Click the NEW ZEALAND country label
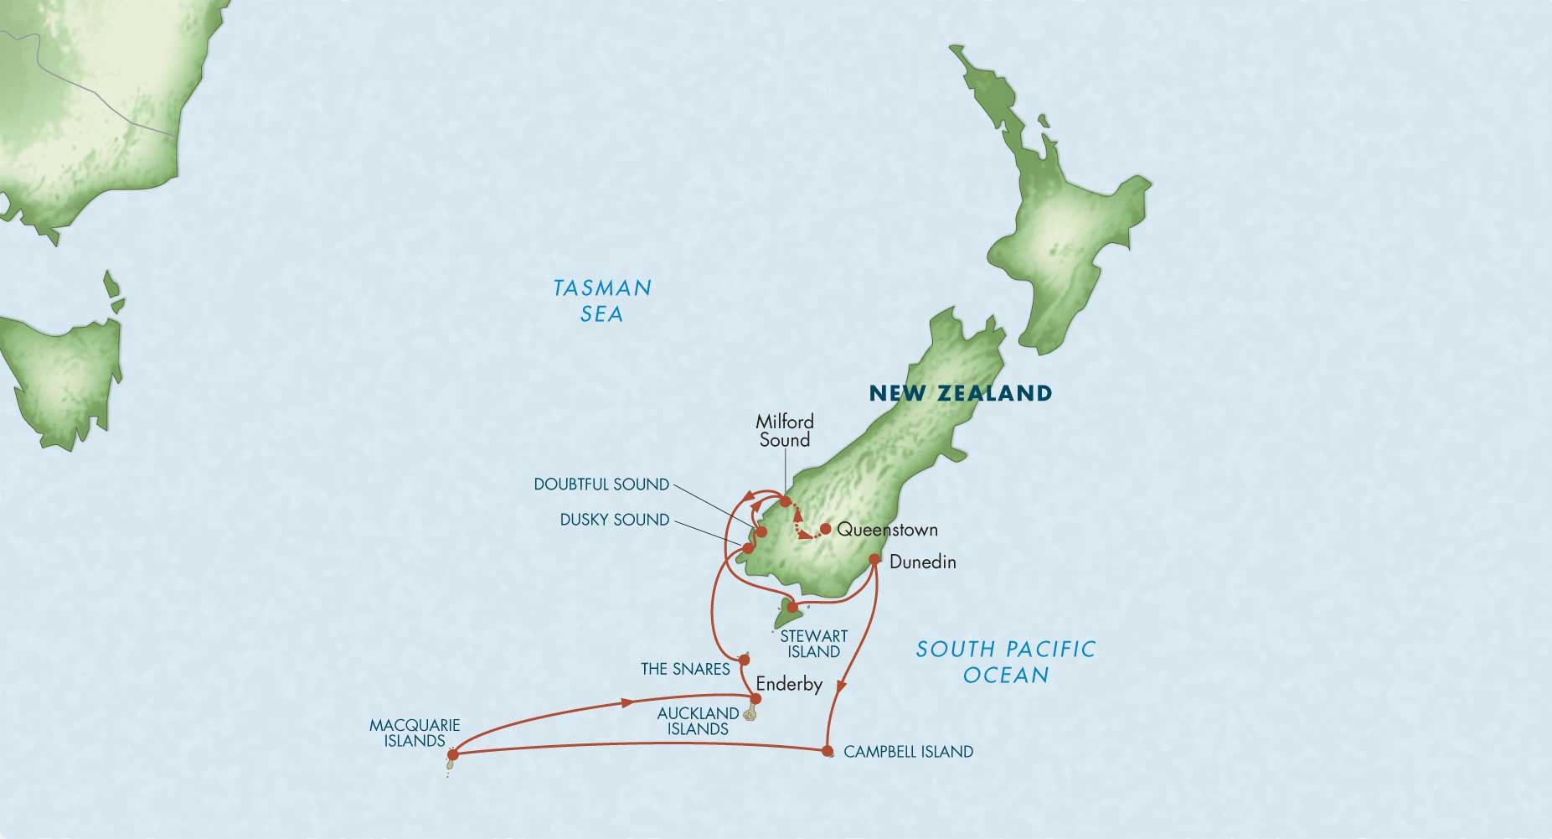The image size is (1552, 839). [x=960, y=393]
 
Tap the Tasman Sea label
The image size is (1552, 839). [x=601, y=301]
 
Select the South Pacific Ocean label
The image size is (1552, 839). [x=1005, y=661]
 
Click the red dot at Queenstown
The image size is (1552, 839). [x=825, y=529]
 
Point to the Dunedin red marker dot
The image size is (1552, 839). [x=874, y=559]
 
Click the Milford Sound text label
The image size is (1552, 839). [x=784, y=431]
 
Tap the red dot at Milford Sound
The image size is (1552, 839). [x=785, y=502]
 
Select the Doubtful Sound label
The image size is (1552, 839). [x=601, y=484]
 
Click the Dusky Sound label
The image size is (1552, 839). [x=615, y=520]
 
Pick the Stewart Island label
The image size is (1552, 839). [x=813, y=644]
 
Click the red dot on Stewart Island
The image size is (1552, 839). [x=792, y=607]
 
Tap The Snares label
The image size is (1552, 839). [x=685, y=669]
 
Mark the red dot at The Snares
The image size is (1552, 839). [x=743, y=659]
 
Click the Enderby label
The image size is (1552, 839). [x=789, y=684]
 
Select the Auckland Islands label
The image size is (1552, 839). [x=698, y=721]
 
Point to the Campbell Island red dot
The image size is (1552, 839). [x=828, y=750]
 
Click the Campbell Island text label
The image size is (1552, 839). [x=908, y=752]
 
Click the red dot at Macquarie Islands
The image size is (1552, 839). [x=453, y=754]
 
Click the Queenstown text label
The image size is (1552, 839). [x=887, y=530]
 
